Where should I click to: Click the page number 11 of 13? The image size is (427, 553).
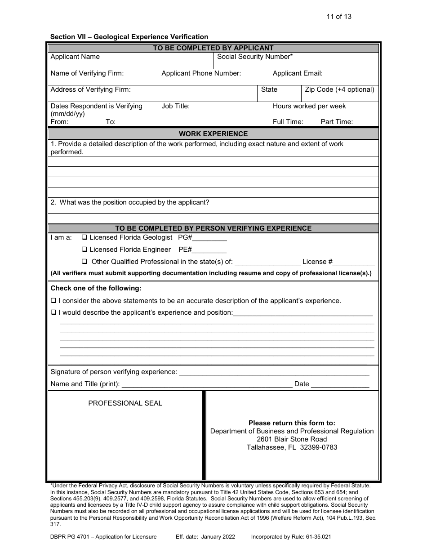(x=339, y=17)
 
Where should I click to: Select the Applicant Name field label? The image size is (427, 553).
(x=75, y=57)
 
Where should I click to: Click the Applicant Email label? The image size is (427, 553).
(x=298, y=73)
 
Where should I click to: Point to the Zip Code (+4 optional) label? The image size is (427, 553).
(x=339, y=89)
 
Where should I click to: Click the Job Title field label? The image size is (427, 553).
(x=175, y=106)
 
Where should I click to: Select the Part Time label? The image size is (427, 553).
(x=337, y=122)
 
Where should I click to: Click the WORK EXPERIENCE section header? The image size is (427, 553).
(x=213, y=134)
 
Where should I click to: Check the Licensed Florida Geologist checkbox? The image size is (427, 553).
(x=85, y=237)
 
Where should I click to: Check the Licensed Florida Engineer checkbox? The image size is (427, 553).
(x=85, y=250)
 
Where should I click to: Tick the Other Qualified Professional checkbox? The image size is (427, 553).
(x=85, y=262)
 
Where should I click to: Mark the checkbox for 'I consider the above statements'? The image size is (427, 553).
(x=53, y=301)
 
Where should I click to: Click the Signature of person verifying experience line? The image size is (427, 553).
(x=274, y=374)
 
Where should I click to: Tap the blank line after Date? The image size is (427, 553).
(x=340, y=386)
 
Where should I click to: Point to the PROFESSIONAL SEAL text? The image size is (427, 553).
(x=125, y=403)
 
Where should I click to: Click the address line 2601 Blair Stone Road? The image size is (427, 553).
(x=292, y=439)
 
